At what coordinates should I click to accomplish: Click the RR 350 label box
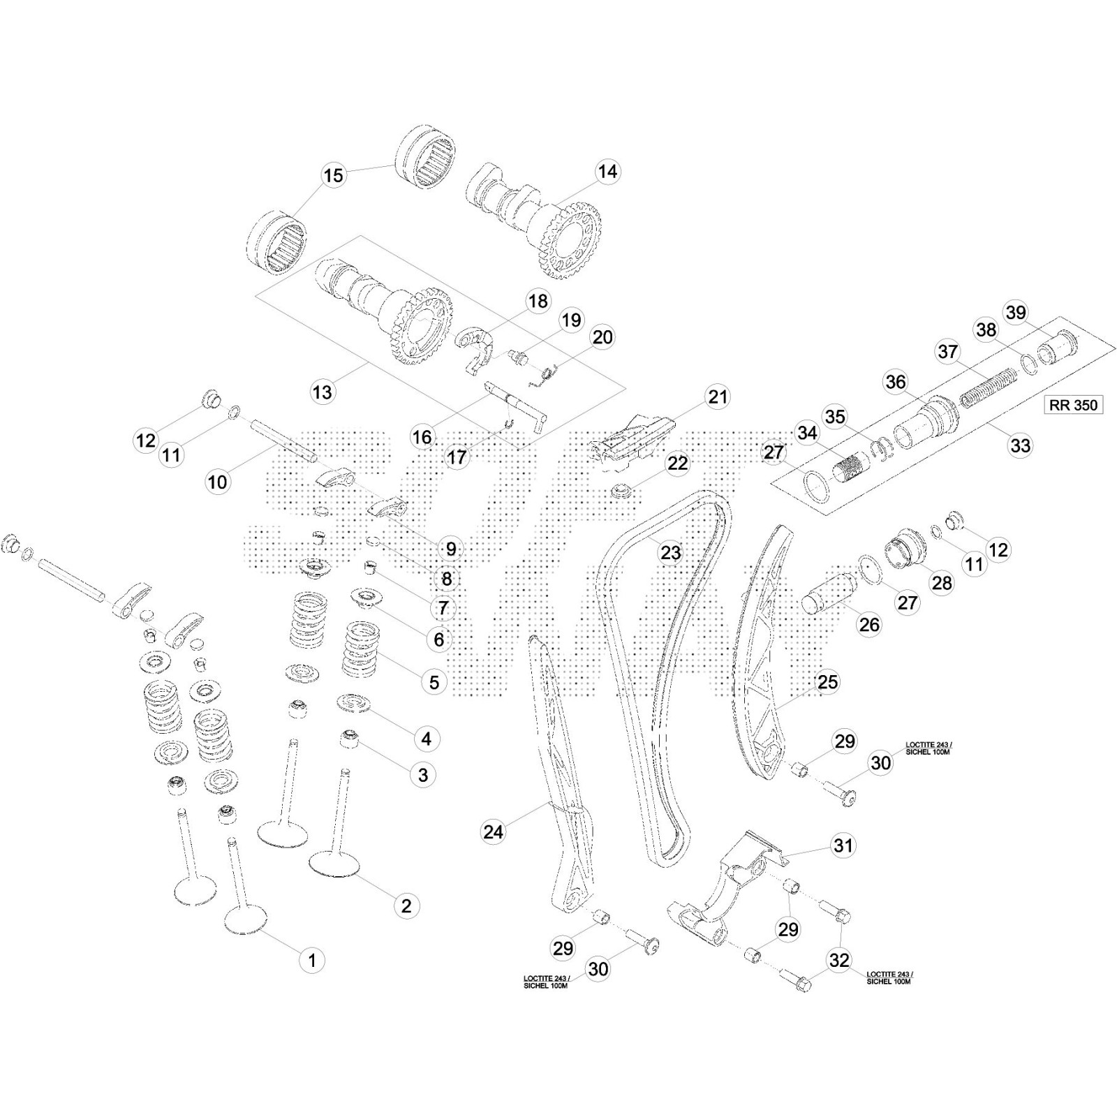pos(1073,405)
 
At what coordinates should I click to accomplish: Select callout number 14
pos(607,172)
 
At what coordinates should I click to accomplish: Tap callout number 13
pos(323,392)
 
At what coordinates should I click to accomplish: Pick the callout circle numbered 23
pos(670,552)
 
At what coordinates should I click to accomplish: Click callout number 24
pos(494,831)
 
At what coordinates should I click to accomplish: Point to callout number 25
pos(827,681)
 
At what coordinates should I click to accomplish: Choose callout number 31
pos(843,845)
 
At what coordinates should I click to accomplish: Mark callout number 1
pos(312,960)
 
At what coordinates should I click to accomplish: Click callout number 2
pos(406,905)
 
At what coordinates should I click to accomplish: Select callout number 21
pos(718,397)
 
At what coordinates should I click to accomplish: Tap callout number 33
pos(1020,445)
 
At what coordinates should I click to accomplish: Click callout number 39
pos(1016,312)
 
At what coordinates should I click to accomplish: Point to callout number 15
pos(334,175)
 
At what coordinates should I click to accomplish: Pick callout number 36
pos(896,382)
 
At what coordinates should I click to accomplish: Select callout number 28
pos(942,582)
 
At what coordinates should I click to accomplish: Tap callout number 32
pos(839,960)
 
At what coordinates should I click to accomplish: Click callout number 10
pos(217,481)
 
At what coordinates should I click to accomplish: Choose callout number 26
pos(869,624)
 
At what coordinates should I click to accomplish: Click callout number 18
pos(538,301)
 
